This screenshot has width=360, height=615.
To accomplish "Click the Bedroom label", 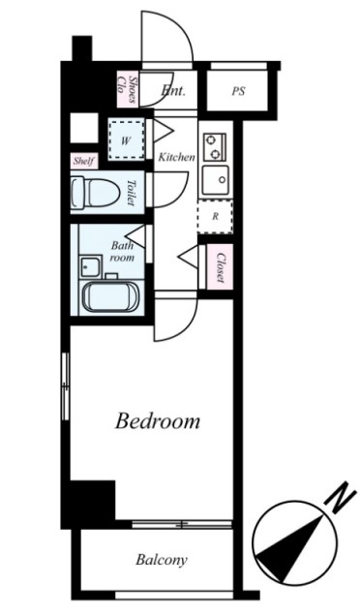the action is [158, 421].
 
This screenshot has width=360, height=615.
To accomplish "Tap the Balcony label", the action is [162, 560].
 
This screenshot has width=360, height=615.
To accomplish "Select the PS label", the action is [238, 91].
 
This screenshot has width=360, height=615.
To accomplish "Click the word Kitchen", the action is [176, 157].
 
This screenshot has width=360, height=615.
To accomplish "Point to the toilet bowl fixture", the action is [95, 192].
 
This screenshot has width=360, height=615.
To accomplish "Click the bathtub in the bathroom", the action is [111, 297].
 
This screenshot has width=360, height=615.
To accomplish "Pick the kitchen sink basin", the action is [215, 179].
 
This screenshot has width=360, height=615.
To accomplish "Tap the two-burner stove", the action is [215, 147].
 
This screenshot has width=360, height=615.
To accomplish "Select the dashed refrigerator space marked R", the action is [215, 217].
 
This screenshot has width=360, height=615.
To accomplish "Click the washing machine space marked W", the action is [126, 140].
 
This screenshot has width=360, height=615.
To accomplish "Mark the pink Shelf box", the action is [83, 161].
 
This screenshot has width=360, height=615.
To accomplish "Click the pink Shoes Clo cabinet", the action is [128, 89].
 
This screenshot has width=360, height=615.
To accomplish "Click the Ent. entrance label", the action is [173, 91].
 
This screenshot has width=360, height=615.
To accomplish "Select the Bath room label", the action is [122, 252].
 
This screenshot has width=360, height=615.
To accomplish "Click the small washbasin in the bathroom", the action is [91, 266].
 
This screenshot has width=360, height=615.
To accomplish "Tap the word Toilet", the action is [131, 193].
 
